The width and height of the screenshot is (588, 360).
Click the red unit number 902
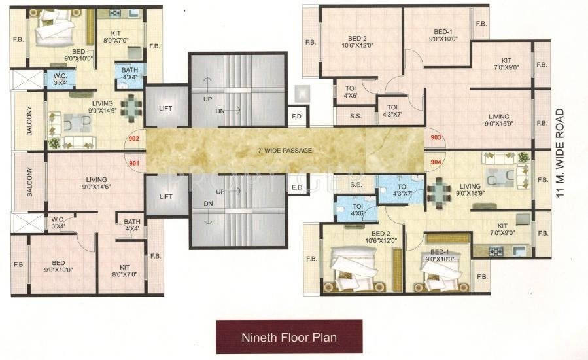(134, 139)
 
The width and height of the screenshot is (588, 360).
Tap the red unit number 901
(134, 163)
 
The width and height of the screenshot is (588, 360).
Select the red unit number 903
(436, 137)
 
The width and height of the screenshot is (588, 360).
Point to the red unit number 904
(436, 162)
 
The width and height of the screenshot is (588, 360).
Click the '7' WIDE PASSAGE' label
(285, 150)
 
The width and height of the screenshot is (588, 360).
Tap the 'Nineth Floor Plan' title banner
(289, 336)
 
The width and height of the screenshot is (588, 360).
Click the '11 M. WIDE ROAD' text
(560, 153)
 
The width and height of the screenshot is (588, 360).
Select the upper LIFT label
(165, 108)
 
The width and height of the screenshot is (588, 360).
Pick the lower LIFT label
(165, 197)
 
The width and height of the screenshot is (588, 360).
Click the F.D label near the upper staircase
(297, 117)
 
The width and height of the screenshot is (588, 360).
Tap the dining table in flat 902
(131, 108)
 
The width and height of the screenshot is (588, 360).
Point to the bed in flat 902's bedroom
(55, 28)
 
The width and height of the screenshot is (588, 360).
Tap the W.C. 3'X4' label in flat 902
(60, 79)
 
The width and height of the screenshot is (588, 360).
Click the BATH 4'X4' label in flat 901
(132, 225)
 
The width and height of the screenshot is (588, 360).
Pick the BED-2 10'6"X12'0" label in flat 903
(357, 42)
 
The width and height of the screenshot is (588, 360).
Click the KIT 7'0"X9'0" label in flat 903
(506, 63)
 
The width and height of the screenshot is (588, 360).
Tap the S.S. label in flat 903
(356, 117)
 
